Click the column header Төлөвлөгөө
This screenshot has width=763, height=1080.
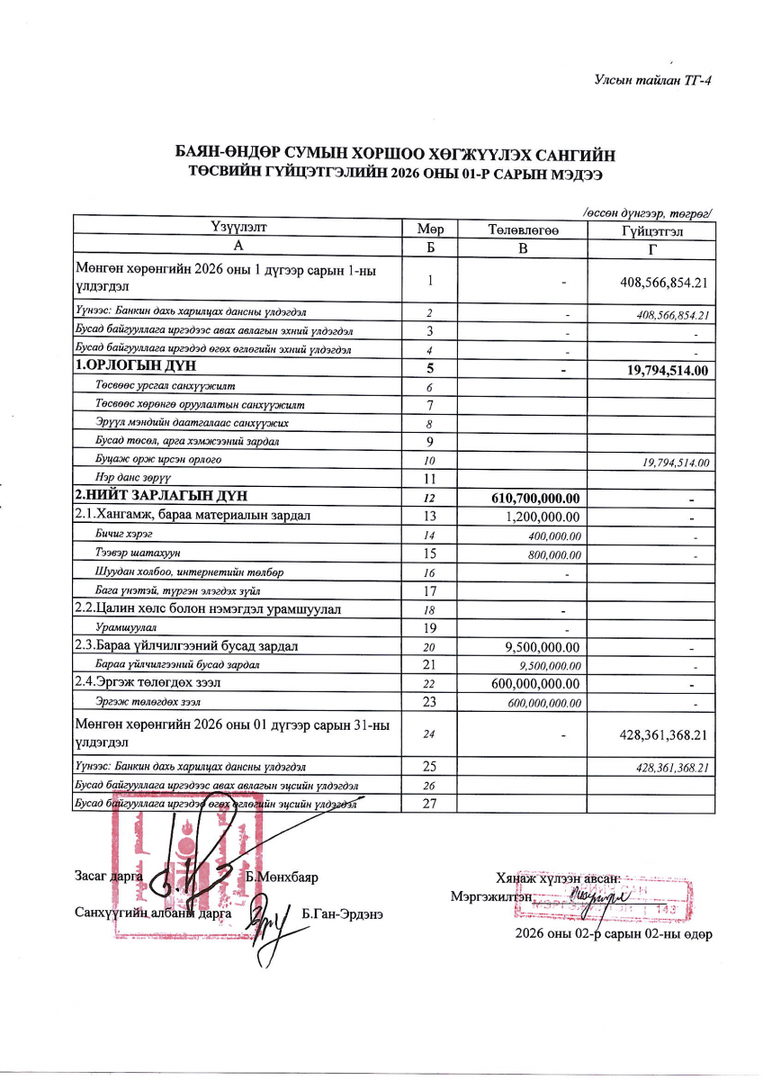pos(523,230)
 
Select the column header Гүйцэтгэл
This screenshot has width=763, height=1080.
pos(651,230)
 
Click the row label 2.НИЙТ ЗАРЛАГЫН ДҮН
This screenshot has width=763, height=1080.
pos(161,496)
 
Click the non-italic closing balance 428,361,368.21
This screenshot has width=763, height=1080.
pos(661,735)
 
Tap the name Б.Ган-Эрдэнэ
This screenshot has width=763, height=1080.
pos(343,913)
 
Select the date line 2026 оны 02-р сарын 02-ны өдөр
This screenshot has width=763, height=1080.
pos(614,934)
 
